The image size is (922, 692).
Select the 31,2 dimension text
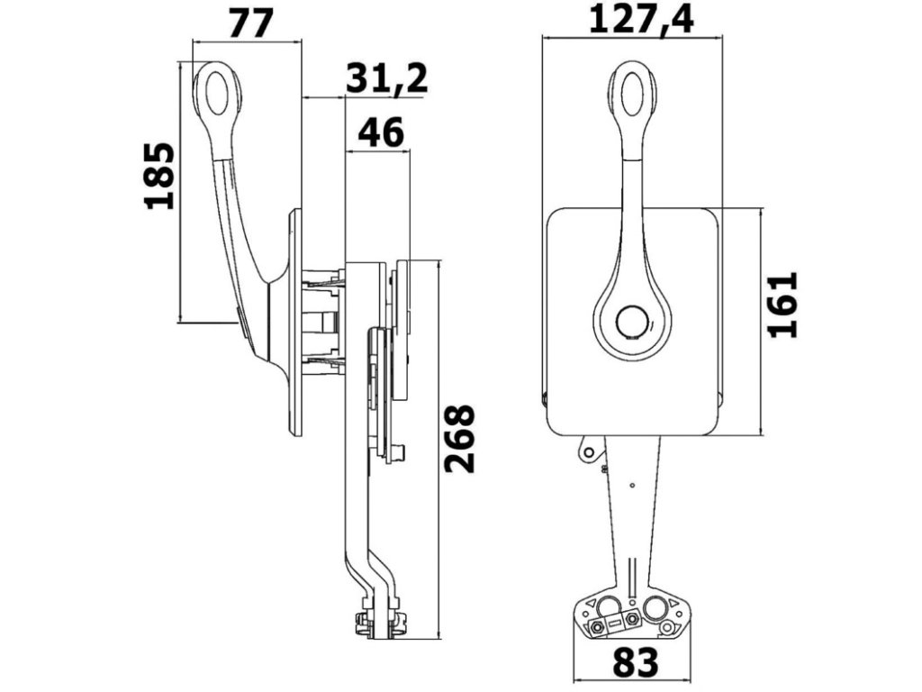[386, 79]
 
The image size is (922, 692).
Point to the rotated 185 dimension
[160, 176]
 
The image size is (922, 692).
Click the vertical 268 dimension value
[460, 439]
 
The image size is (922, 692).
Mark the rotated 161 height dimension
[783, 304]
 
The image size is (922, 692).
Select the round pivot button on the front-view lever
[632, 323]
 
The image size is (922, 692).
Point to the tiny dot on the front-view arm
[633, 487]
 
